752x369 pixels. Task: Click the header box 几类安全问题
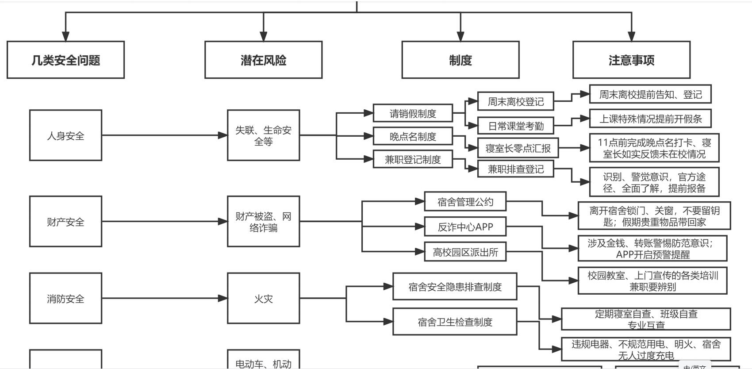(65, 60)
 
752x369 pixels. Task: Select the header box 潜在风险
(263, 60)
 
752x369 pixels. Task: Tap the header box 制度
(460, 60)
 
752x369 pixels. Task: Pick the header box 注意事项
(631, 60)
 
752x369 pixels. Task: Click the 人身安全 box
(65, 135)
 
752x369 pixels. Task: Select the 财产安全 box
(65, 221)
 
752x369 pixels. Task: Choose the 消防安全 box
(65, 299)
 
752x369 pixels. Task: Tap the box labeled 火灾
(263, 299)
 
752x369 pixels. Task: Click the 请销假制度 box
(413, 113)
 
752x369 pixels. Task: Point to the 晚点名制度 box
(413, 136)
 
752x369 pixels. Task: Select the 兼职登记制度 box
(413, 159)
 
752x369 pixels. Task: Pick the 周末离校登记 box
(516, 101)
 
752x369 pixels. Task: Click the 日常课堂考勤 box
(516, 126)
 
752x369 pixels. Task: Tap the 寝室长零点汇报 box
(518, 148)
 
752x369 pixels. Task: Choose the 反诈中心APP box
(465, 227)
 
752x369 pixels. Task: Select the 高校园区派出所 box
(465, 252)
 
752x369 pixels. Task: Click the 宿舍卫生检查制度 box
(455, 322)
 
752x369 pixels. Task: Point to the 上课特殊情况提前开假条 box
(650, 119)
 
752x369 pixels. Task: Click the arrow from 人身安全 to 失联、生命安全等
(164, 135)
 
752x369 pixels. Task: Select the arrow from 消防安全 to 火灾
(164, 299)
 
